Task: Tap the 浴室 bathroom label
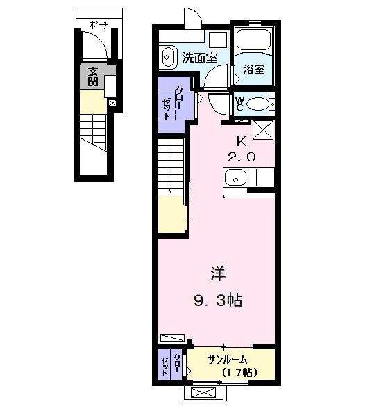(x=253, y=70)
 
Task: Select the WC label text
(x=239, y=104)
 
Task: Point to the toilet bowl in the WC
(x=258, y=104)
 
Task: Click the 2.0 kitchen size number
(x=242, y=157)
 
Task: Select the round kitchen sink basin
(x=235, y=177)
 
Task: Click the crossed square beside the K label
(x=263, y=130)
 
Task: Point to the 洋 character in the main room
(x=217, y=272)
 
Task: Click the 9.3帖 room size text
(x=217, y=301)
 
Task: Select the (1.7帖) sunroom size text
(x=239, y=373)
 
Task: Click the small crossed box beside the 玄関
(x=112, y=104)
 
